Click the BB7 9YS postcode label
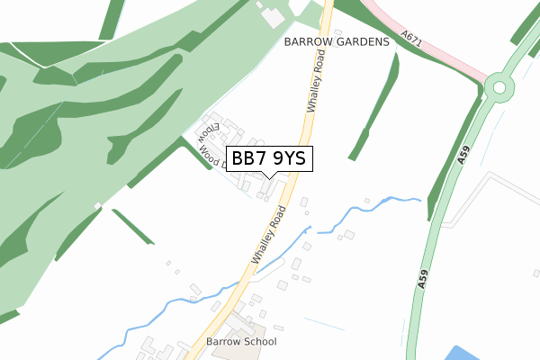pyautogui.click(x=269, y=159)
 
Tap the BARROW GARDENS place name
pyautogui.click(x=337, y=42)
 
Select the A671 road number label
pyautogui.click(x=412, y=38)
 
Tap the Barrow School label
pyautogui.click(x=241, y=342)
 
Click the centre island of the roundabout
pyautogui.click(x=498, y=87)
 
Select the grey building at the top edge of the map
pyautogui.click(x=269, y=15)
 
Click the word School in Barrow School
pyautogui.click(x=259, y=342)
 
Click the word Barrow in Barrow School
pyautogui.click(x=222, y=342)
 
